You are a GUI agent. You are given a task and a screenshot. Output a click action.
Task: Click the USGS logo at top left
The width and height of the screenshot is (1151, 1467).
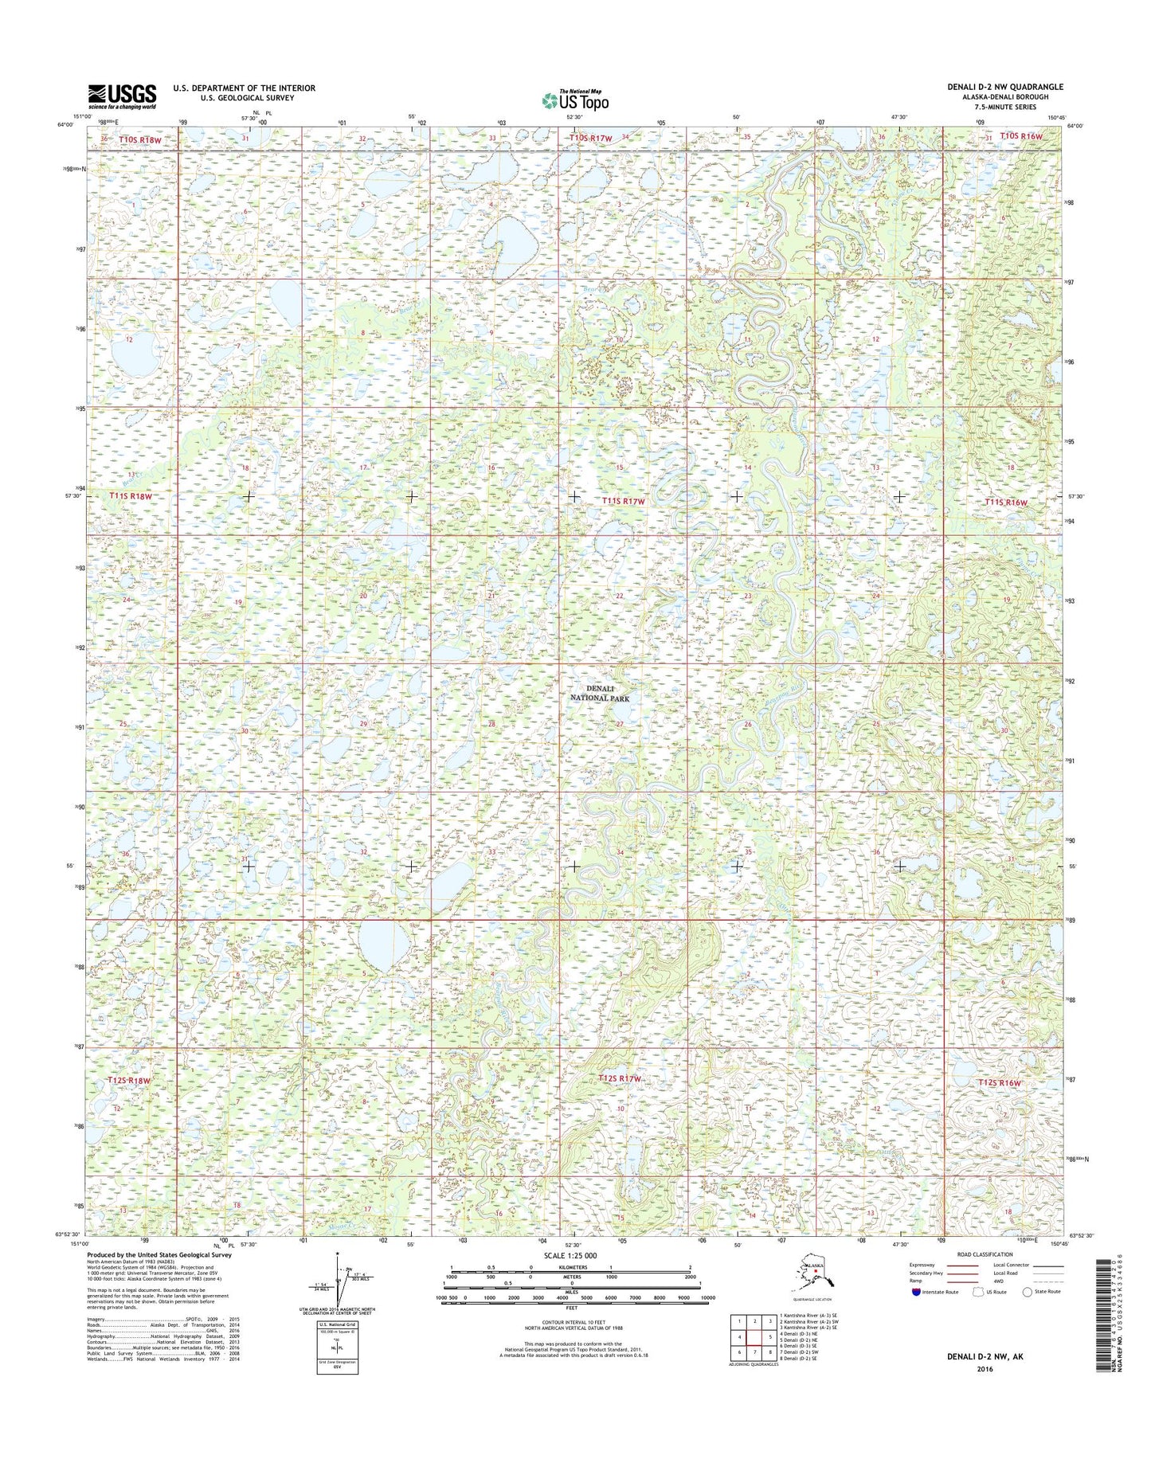(x=122, y=96)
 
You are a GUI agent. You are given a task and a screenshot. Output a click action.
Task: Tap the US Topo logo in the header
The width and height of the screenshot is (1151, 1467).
(x=575, y=100)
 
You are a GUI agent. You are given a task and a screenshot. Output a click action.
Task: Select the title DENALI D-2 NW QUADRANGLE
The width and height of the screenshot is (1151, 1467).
(x=1004, y=87)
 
